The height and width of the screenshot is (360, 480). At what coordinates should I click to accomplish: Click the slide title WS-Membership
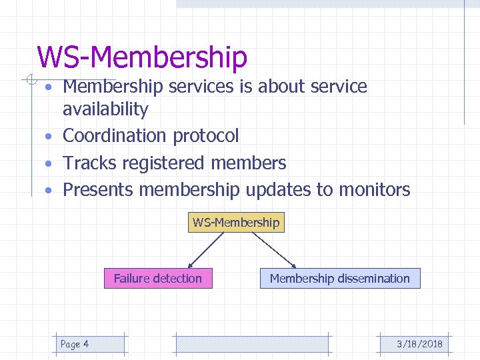(x=142, y=57)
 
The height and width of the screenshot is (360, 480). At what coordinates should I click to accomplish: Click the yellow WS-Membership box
(x=236, y=222)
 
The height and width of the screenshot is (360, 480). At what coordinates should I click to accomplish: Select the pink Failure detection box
(x=158, y=279)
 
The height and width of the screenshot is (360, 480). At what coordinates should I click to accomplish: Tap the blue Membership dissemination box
(x=340, y=279)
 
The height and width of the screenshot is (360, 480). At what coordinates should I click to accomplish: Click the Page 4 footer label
(x=75, y=344)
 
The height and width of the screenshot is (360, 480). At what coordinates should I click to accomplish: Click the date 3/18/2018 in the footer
(x=419, y=344)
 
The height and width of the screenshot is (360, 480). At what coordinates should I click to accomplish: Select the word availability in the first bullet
(x=105, y=109)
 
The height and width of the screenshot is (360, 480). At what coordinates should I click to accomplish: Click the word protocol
(x=205, y=136)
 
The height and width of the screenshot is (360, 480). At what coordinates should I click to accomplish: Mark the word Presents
(x=98, y=190)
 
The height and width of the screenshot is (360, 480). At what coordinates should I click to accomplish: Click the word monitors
(x=374, y=190)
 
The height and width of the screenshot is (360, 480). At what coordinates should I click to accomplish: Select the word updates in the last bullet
(x=278, y=190)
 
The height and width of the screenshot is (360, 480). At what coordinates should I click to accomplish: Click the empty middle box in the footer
(x=251, y=344)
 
